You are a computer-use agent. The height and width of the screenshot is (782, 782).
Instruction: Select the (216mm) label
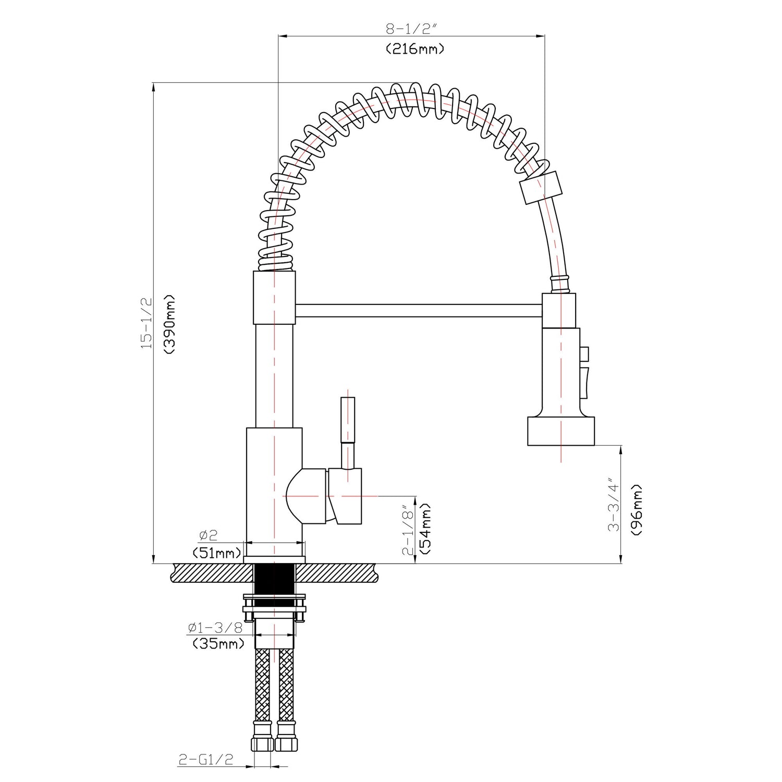click(x=415, y=50)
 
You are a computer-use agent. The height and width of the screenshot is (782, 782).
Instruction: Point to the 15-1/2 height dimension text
click(x=146, y=323)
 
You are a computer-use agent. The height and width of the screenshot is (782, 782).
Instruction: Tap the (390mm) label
click(x=170, y=324)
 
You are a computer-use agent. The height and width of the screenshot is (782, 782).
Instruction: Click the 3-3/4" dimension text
click(x=614, y=507)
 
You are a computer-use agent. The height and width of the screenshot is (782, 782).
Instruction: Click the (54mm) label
click(x=425, y=529)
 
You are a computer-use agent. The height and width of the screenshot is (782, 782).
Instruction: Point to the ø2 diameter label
click(x=208, y=535)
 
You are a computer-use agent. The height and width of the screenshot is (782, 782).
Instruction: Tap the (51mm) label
click(x=217, y=553)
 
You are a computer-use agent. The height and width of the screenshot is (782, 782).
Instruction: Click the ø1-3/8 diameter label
click(x=215, y=628)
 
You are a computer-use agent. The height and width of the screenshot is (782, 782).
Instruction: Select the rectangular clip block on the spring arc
click(x=542, y=187)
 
